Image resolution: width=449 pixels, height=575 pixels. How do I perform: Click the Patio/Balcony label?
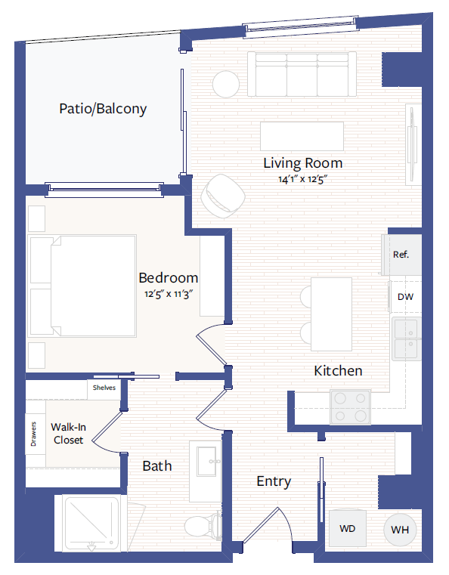(x=103, y=109)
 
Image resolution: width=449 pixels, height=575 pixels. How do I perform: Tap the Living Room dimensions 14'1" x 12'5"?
(x=302, y=179)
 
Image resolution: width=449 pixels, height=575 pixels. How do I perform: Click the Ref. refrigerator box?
(x=401, y=255)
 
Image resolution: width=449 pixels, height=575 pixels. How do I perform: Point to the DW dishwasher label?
(x=405, y=297)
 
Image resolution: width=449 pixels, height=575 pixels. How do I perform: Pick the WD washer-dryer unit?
(x=348, y=528)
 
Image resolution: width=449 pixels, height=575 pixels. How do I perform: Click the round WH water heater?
(x=400, y=530)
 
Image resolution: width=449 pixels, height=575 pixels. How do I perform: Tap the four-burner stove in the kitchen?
(x=351, y=407)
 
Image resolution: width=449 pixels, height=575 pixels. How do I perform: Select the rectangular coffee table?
(x=302, y=136)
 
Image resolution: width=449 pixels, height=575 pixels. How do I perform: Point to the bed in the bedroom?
(x=82, y=286)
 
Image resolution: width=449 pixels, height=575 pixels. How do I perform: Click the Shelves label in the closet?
(x=104, y=388)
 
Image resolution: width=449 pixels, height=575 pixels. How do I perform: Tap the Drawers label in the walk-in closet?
(x=34, y=440)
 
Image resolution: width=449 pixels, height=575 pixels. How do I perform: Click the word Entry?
(x=274, y=481)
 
